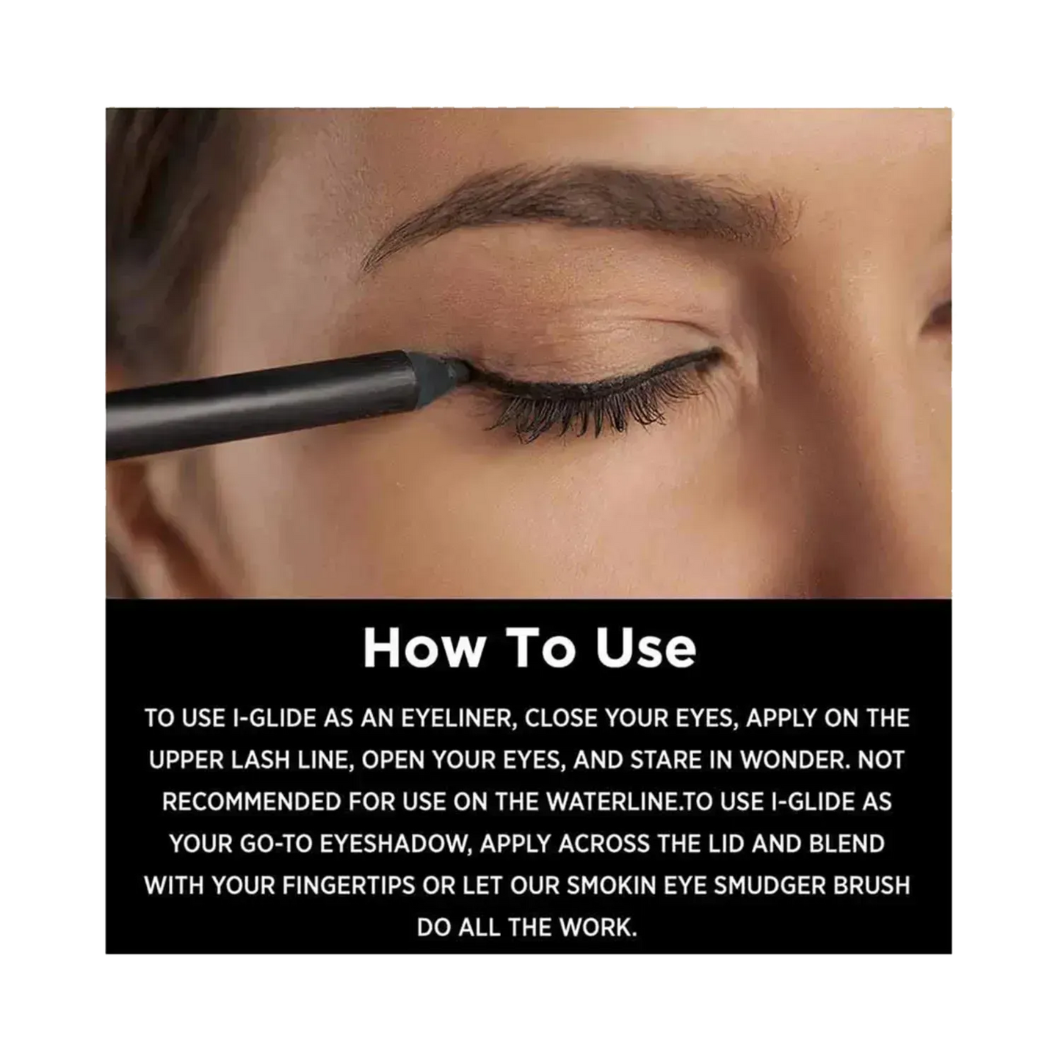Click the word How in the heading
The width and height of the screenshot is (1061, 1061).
tap(422, 648)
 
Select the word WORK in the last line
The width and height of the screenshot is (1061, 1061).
tap(598, 928)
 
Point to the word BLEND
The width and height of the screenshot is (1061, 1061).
tap(847, 844)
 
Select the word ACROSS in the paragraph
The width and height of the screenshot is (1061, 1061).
tap(604, 844)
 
